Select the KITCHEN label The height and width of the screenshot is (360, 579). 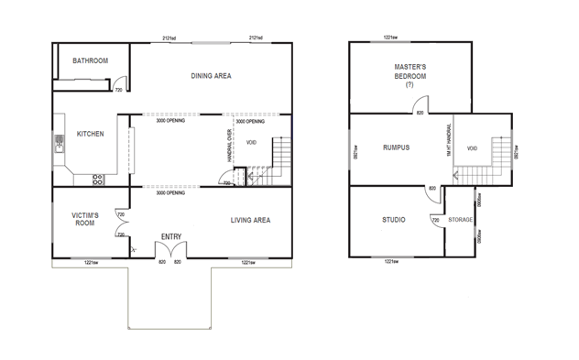click(90, 134)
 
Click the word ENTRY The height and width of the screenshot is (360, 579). click(170, 237)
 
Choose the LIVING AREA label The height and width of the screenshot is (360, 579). click(249, 220)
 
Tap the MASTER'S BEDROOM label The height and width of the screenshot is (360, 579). click(410, 72)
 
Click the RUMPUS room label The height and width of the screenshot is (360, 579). click(396, 147)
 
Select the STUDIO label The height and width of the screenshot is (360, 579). click(395, 220)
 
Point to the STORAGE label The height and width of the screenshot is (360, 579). click(461, 220)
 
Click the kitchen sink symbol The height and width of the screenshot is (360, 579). click(59, 142)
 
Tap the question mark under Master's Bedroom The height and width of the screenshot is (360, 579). click(410, 84)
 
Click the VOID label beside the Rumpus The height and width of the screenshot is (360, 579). click(473, 147)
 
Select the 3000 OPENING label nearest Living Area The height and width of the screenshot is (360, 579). click(171, 193)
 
